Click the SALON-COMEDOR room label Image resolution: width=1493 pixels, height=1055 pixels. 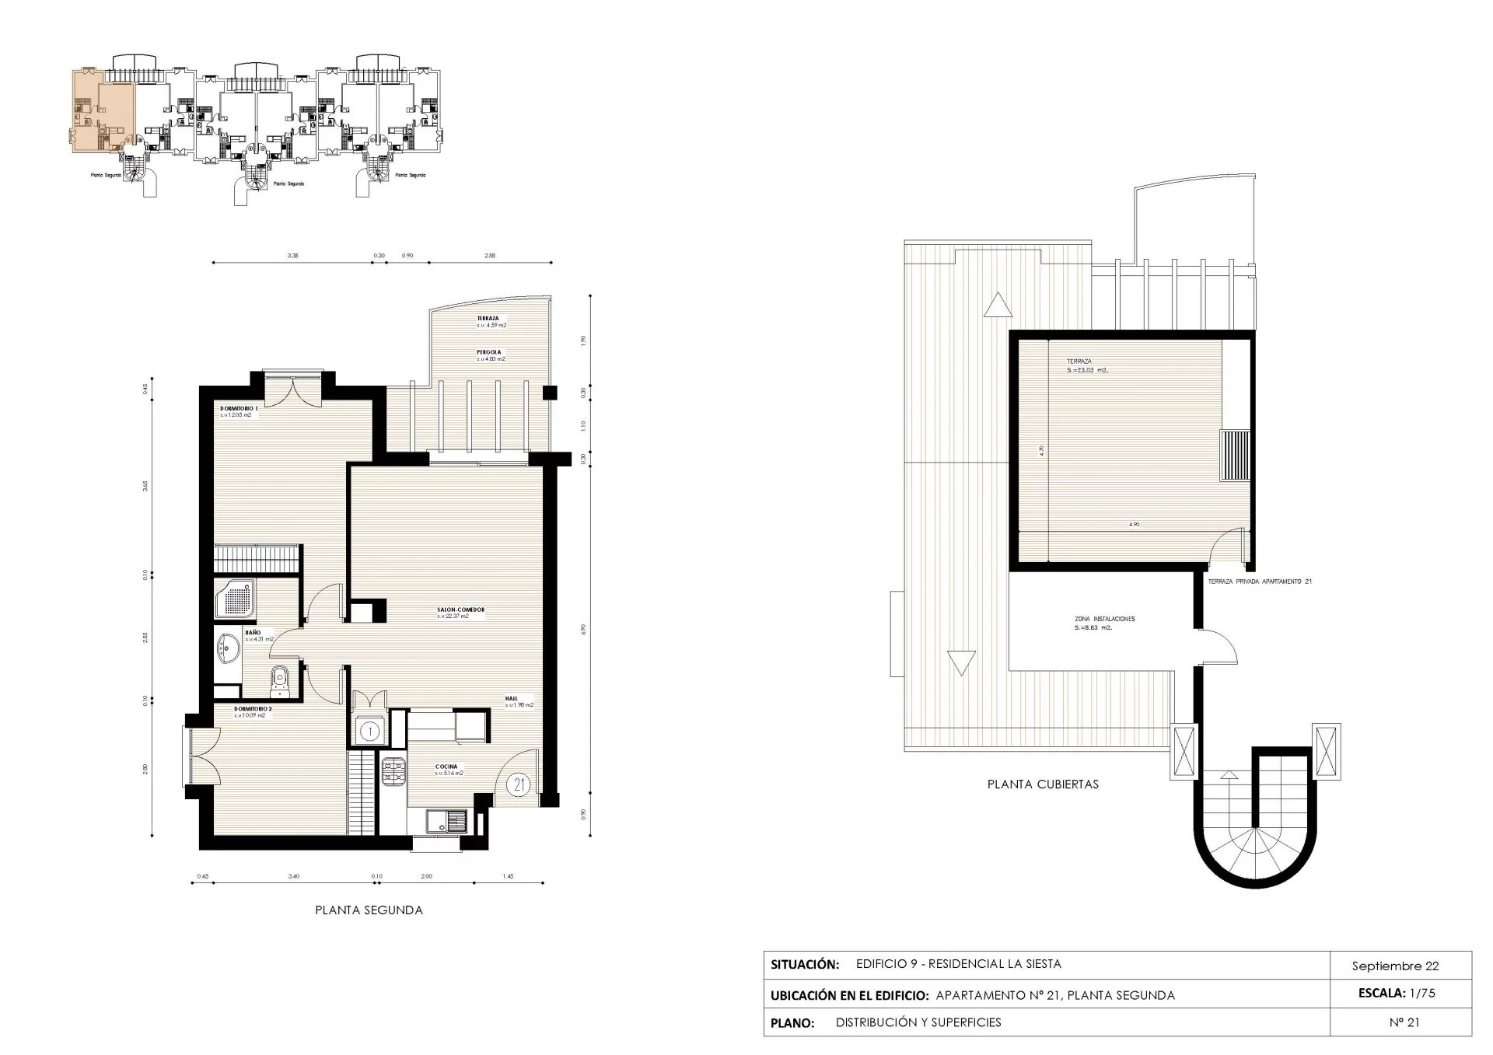pos(460,610)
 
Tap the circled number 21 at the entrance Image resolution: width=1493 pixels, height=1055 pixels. pos(519,784)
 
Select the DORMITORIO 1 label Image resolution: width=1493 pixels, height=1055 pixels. pos(239,408)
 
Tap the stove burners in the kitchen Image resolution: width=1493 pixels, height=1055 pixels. pos(393,771)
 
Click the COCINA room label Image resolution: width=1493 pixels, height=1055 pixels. pos(446,767)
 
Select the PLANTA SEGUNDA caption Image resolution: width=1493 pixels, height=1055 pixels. pos(369,910)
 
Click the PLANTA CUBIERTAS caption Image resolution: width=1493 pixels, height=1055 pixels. pos(1043,784)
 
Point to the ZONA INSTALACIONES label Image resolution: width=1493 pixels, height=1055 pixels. pos(1103,619)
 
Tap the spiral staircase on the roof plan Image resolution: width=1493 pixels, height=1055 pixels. pos(1254,844)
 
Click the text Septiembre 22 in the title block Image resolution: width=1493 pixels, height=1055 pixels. pos(1395,966)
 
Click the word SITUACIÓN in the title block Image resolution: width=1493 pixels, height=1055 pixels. pos(804,965)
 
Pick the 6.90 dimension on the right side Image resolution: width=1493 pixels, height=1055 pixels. pos(582,628)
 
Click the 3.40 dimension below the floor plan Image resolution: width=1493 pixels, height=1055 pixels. pos(293,876)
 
